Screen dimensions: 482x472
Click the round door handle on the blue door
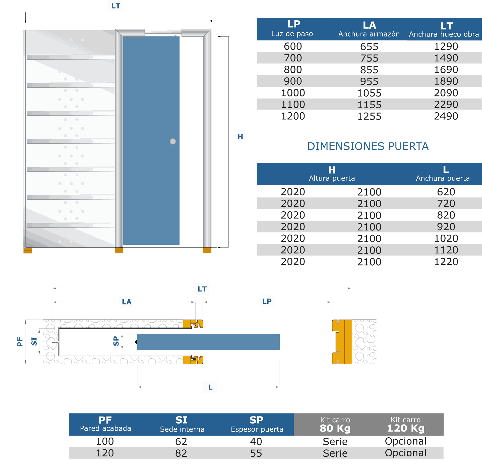click(x=173, y=141)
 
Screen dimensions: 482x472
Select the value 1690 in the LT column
click(x=446, y=70)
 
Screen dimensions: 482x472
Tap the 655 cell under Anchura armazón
click(x=369, y=46)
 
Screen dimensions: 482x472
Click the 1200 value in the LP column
click(x=293, y=116)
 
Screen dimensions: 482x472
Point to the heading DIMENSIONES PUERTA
click(x=368, y=146)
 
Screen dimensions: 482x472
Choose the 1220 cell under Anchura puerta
click(x=446, y=261)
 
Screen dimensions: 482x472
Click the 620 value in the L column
click(x=446, y=192)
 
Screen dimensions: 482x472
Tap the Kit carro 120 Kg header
click(x=405, y=424)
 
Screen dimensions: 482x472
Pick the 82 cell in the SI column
click(x=181, y=453)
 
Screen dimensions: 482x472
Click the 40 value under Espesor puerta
click(x=256, y=442)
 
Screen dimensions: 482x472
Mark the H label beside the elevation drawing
click(x=240, y=137)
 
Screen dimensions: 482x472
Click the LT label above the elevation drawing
click(x=116, y=6)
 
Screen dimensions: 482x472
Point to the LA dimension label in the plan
click(x=127, y=302)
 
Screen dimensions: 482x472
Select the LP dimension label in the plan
click(x=267, y=301)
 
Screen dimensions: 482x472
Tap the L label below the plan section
click(x=210, y=387)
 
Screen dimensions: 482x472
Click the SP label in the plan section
click(x=116, y=341)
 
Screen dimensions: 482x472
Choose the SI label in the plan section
click(x=34, y=341)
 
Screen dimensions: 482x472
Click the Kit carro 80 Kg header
click(x=335, y=424)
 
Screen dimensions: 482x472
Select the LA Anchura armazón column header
click(x=369, y=29)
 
